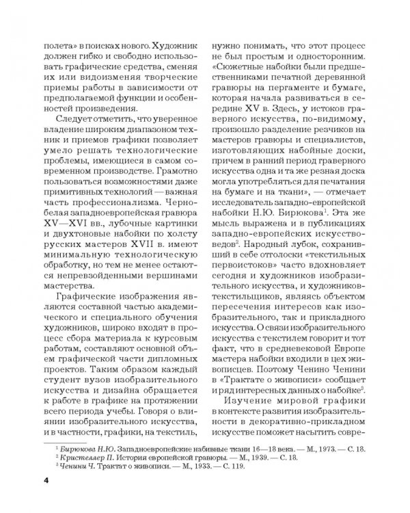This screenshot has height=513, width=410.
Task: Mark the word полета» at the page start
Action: (x=58, y=43)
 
